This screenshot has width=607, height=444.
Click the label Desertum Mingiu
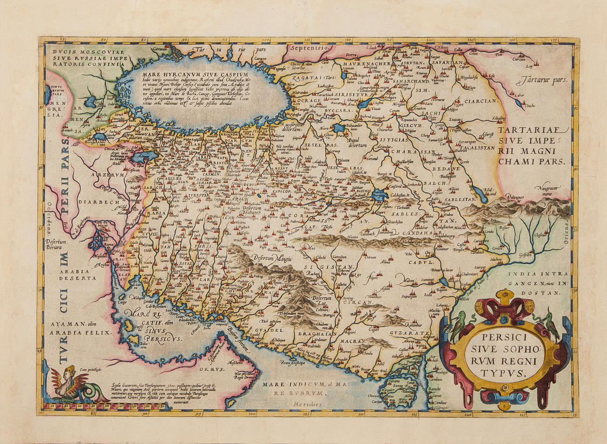[x=272, y=258]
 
